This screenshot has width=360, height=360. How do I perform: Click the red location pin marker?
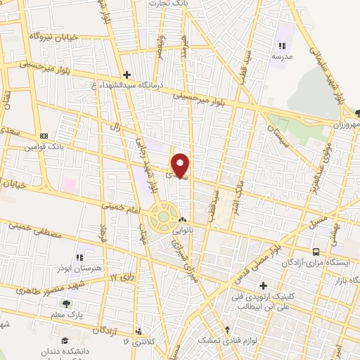tap(181, 164)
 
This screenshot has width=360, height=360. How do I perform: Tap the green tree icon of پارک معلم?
tap(65, 304)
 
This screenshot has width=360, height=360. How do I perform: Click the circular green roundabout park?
tap(162, 217)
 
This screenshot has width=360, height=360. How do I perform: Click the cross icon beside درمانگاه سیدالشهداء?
tap(127, 74)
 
